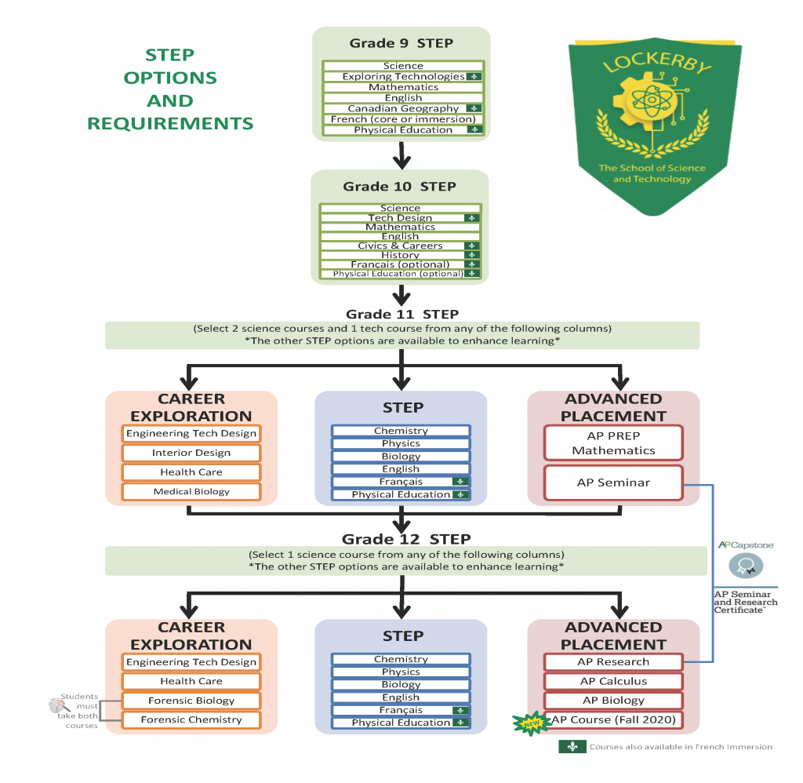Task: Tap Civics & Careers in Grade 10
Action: click(x=400, y=246)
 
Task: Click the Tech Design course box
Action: click(x=400, y=217)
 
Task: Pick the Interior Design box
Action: click(x=191, y=453)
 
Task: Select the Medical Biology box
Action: click(x=191, y=491)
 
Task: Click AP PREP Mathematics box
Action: click(x=613, y=442)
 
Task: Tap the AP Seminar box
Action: click(x=613, y=483)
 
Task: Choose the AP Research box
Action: click(x=613, y=661)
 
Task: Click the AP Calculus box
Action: click(x=613, y=681)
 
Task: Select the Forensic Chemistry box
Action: click(x=191, y=719)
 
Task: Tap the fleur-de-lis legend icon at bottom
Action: click(x=572, y=747)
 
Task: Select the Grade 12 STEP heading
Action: click(x=406, y=539)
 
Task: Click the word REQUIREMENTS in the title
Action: click(x=170, y=123)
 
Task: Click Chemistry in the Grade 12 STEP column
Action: click(x=401, y=659)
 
